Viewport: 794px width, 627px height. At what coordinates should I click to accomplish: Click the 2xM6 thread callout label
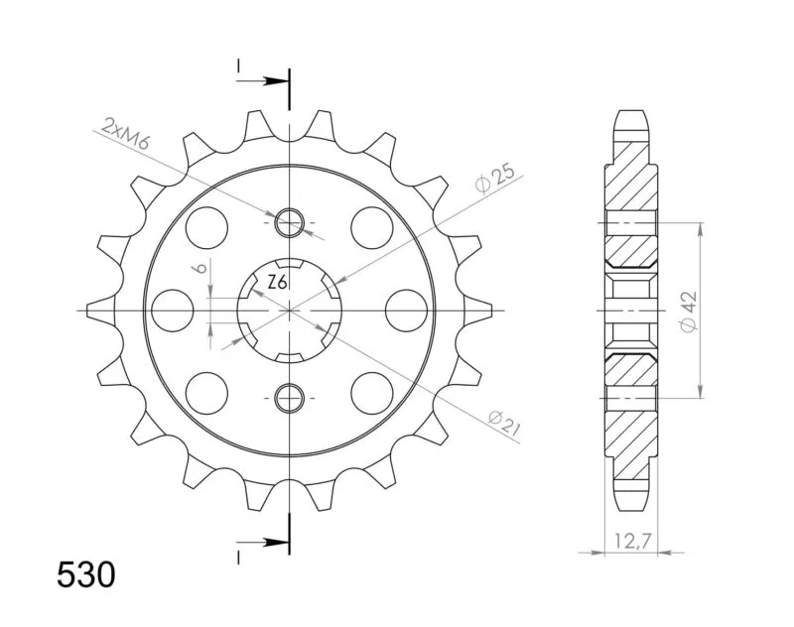tap(125, 134)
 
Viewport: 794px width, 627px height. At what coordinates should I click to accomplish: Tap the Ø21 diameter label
tap(505, 423)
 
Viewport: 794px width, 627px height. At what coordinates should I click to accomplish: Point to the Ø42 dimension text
tap(689, 312)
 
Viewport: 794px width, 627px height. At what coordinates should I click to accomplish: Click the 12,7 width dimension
tap(631, 542)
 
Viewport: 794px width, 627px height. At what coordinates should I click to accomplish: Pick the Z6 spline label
tap(278, 283)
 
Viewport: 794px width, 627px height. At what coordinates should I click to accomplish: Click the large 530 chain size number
tap(86, 574)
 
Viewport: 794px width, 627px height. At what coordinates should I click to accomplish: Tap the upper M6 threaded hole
tap(289, 222)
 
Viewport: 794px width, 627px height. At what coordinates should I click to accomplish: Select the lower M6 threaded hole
tap(289, 398)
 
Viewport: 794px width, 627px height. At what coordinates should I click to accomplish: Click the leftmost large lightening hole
tap(173, 311)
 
